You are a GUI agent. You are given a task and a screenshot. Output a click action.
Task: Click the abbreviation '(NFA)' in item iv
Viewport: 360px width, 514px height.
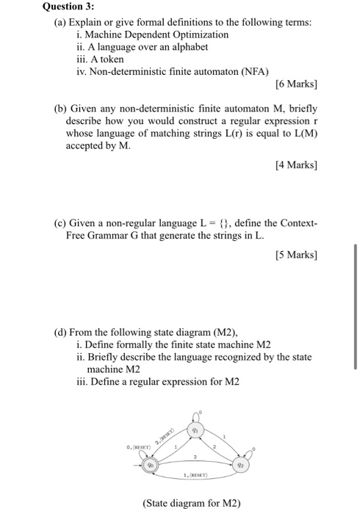click(253, 70)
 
